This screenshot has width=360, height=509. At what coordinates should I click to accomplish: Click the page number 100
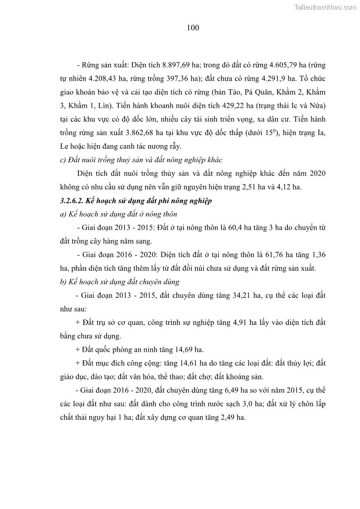(x=193, y=28)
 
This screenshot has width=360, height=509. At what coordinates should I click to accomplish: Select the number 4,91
(x=241, y=322)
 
